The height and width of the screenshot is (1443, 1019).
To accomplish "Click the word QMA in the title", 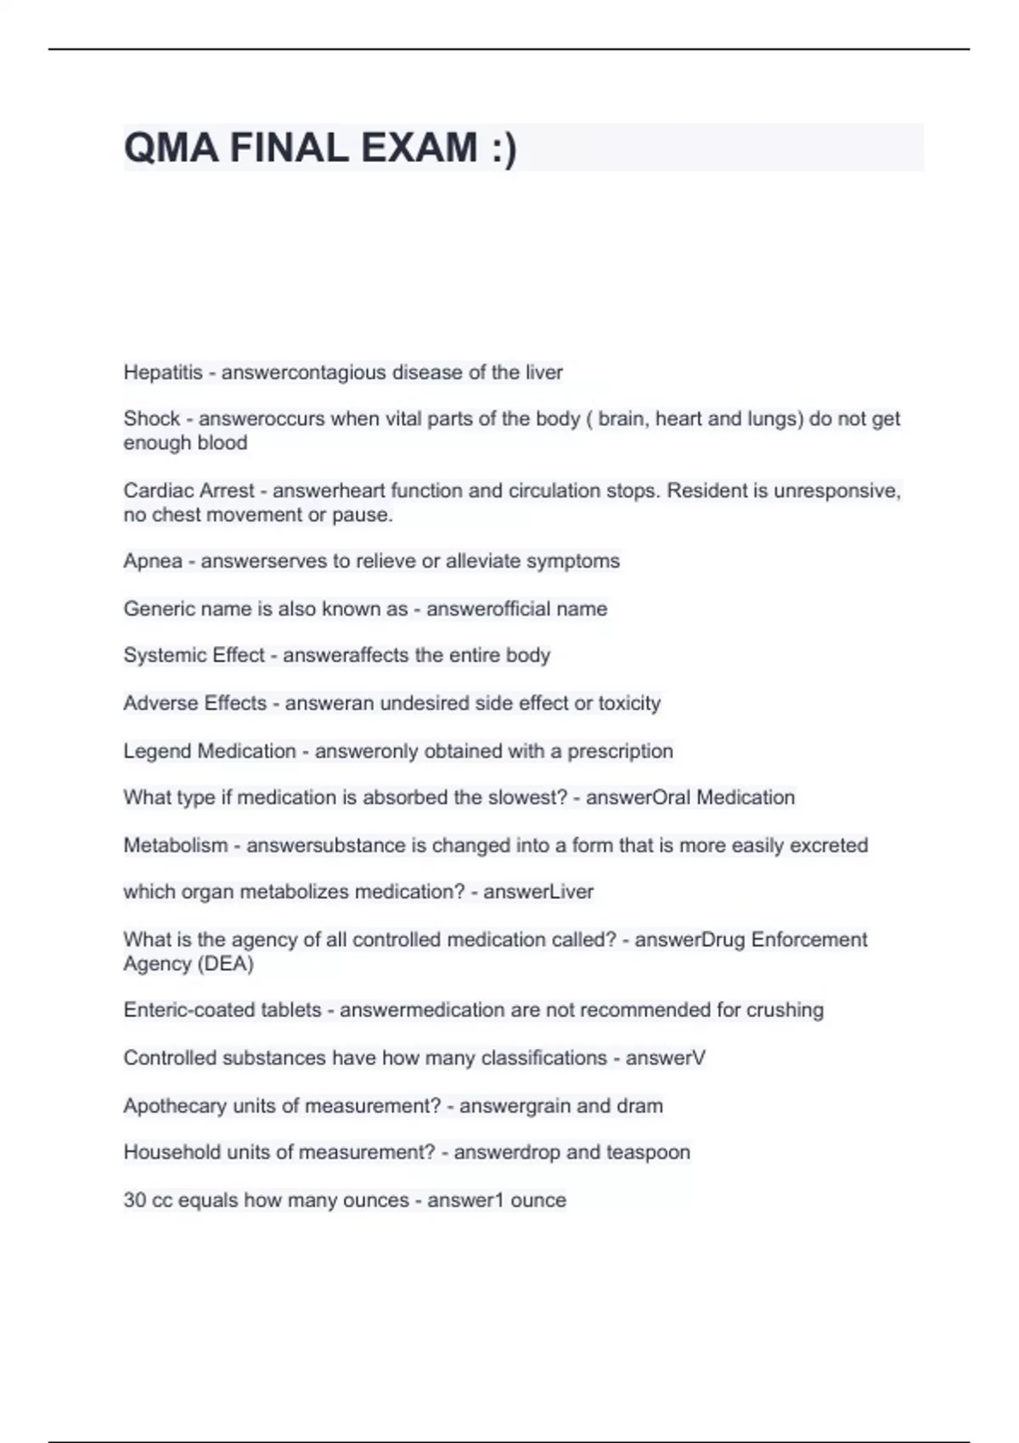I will [x=171, y=148].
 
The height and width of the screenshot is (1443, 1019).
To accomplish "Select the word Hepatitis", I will [x=163, y=373].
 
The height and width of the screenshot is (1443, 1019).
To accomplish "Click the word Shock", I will [x=151, y=418].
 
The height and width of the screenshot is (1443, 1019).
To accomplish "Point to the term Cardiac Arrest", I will [x=189, y=491].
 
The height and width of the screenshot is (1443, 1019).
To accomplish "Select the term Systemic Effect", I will [x=194, y=655].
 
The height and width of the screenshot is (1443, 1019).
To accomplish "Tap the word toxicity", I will [x=629, y=703].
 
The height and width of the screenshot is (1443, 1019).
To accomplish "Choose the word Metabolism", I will [x=176, y=845].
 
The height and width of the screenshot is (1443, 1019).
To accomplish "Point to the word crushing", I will [x=785, y=1010].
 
